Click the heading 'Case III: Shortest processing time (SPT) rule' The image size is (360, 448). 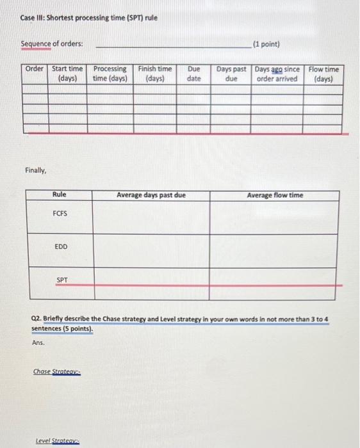[x=89, y=17]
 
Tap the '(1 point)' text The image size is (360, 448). [x=266, y=44]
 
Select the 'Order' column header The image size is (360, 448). [x=35, y=69]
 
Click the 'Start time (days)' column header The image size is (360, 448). [x=67, y=74]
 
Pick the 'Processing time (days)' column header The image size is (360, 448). [x=110, y=74]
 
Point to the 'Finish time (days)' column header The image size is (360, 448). [x=155, y=74]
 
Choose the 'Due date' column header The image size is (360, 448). [x=193, y=74]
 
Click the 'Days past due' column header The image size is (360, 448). [x=231, y=74]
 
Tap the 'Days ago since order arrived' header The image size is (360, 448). [x=277, y=74]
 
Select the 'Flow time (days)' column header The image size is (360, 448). [x=323, y=74]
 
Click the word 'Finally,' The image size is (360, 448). [x=36, y=171]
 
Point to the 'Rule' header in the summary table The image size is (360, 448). [x=60, y=195]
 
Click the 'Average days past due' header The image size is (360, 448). [x=151, y=195]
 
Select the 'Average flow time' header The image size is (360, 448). [x=275, y=195]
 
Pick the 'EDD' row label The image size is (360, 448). [x=61, y=246]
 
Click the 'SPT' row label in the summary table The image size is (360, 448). [x=62, y=280]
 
